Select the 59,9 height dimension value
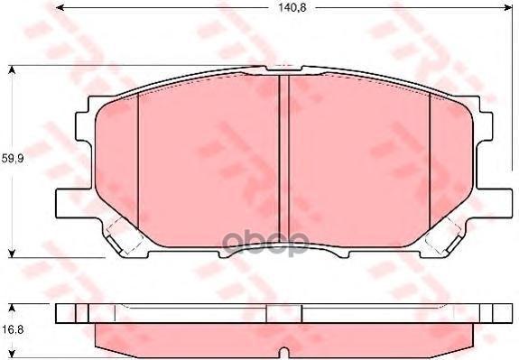pyautogui.click(x=12, y=159)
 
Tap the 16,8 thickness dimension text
pyautogui.click(x=12, y=329)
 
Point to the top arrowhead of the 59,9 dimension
pyautogui.click(x=12, y=69)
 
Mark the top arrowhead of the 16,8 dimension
pyautogui.click(x=12, y=307)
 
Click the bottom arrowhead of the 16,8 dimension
pyautogui.click(x=12, y=349)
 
